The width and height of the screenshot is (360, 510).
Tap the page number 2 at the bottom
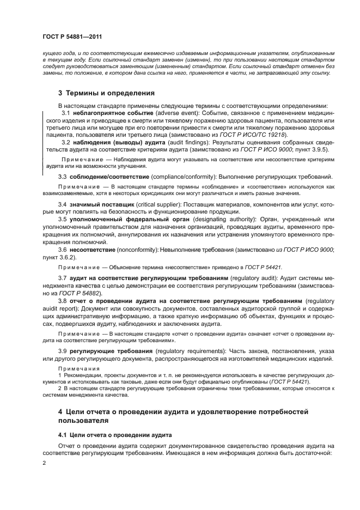[44, 462]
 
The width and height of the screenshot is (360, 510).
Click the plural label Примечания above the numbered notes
[76, 368]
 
